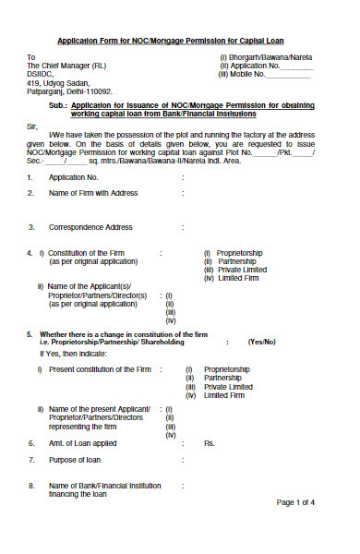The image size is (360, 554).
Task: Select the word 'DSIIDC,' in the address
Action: [x=42, y=75]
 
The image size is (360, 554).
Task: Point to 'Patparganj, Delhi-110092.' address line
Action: [x=70, y=91]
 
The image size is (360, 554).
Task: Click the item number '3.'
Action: [x=30, y=226]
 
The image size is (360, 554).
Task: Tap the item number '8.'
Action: [x=30, y=485]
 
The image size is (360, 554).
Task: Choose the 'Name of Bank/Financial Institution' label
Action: [x=104, y=485]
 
